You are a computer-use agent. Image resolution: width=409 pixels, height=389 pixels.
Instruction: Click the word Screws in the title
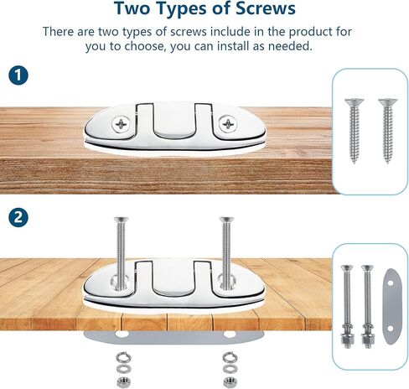click(261, 10)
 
